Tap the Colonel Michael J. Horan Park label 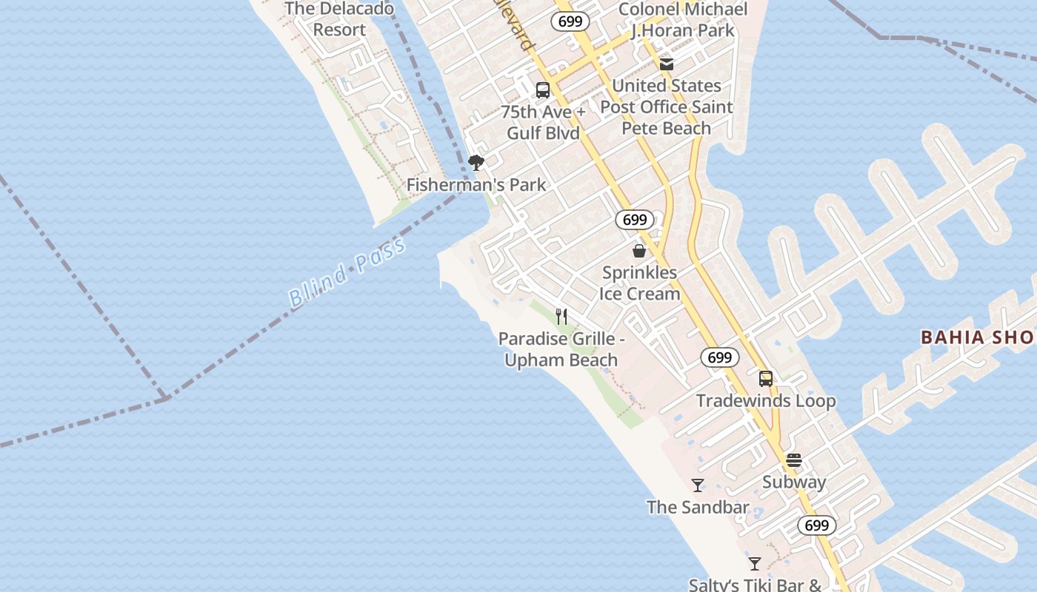coord(683,20)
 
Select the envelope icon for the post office coord(667,64)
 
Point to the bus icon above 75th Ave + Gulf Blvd coord(543,90)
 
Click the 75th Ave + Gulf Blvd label coord(543,122)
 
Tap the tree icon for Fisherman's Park coord(476,163)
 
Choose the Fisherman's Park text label coord(476,185)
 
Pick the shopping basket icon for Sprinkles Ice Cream coord(639,251)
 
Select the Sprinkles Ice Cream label coord(639,283)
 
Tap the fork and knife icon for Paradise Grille coord(561,317)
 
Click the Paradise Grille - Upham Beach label coord(561,349)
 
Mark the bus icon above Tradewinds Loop coord(766,379)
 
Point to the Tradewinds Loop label coord(766,401)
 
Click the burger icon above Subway coord(794,460)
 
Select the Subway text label coord(794,482)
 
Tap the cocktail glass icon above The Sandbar coord(698,485)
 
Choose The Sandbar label coord(698,508)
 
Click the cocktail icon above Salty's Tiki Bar coord(755,564)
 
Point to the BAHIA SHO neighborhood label coord(977,338)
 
